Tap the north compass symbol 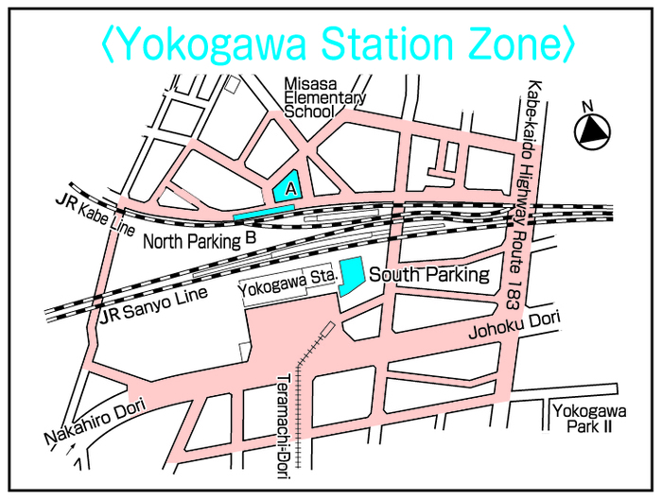[592, 130]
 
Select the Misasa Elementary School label [324, 97]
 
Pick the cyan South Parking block [352, 277]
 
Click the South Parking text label [429, 275]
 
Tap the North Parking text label [192, 242]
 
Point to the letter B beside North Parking [251, 238]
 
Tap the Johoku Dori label [514, 329]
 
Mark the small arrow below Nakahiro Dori [68, 461]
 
